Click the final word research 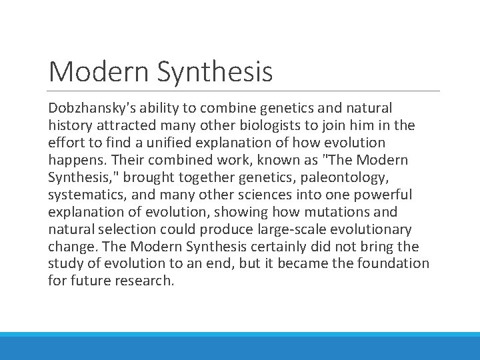(146, 281)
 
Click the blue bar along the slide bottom (240, 347)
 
